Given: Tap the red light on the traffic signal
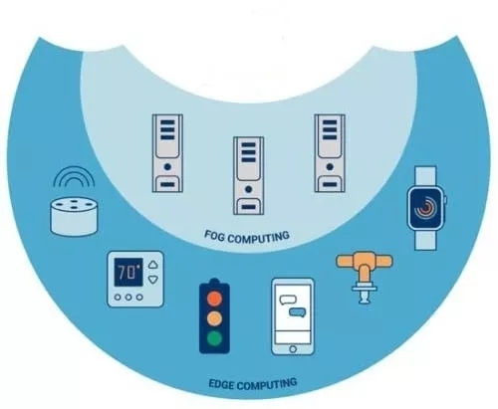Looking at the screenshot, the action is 214,298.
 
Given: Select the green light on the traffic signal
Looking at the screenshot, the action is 214,338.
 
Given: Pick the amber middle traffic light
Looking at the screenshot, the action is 214,318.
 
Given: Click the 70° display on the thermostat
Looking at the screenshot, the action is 128,273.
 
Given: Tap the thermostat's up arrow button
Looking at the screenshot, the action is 152,265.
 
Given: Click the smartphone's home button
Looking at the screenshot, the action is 293,348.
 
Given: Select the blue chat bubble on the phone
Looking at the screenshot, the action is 298,312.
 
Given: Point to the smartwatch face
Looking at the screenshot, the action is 426,208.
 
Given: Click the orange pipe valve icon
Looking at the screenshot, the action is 365,277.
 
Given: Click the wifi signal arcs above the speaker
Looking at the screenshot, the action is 74,176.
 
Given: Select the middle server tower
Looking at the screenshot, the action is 248,175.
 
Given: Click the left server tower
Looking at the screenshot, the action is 167,153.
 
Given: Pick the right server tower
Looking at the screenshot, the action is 330,153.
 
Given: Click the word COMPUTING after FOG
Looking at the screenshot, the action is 259,238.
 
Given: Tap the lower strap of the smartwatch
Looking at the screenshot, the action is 425,240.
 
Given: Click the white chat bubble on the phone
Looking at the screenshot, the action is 288,300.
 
